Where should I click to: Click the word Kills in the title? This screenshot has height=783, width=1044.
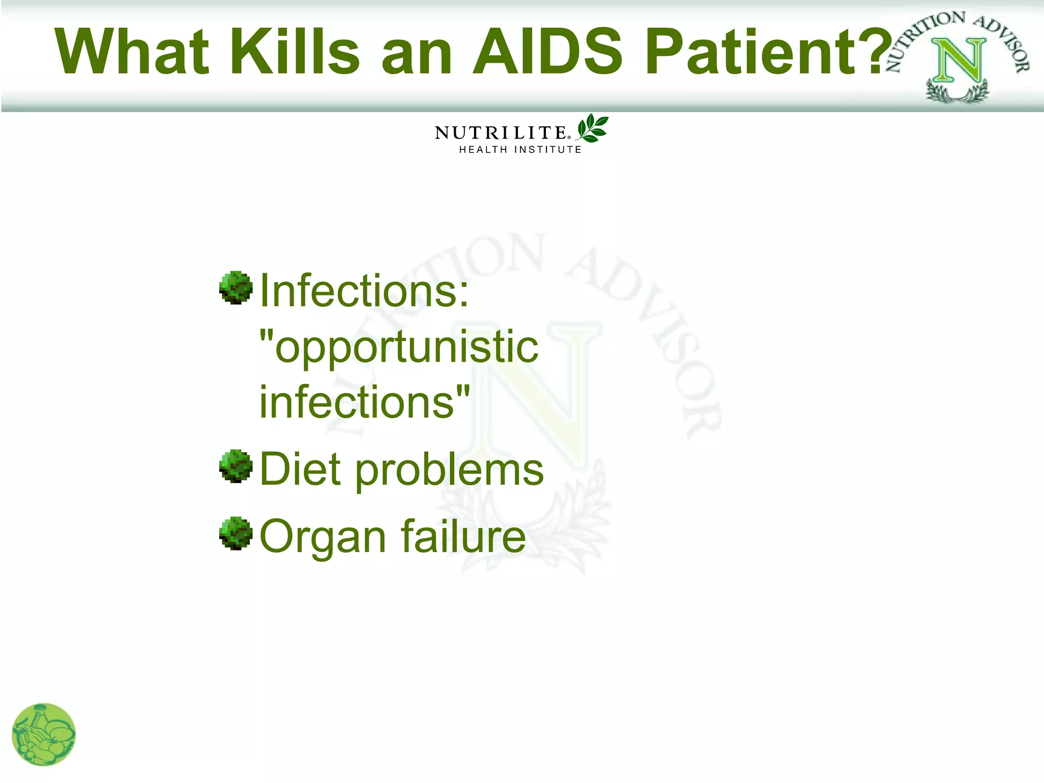coord(295,51)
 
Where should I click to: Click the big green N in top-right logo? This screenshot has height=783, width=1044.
coord(958,61)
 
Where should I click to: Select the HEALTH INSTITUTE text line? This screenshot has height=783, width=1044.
coord(520,150)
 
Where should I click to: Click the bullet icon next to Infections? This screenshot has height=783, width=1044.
coord(236,288)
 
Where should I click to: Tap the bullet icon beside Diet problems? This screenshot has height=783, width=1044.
coord(236,466)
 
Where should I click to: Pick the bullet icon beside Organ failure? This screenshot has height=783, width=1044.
coord(236,533)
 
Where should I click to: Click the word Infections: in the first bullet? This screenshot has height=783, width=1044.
coord(364,291)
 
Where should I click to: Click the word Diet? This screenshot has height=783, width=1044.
coord(300,469)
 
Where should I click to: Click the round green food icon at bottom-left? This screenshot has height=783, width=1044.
coord(44,735)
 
